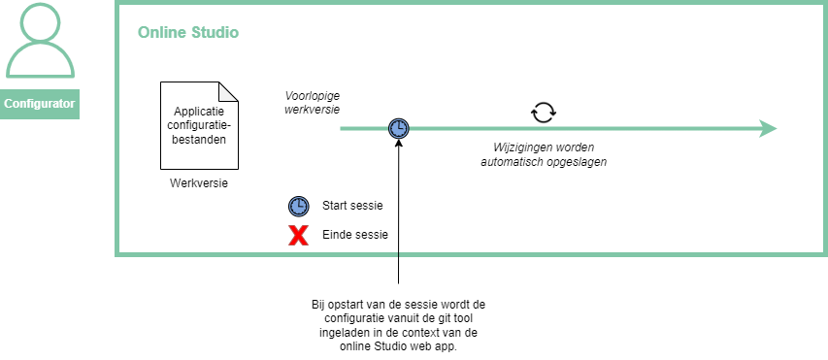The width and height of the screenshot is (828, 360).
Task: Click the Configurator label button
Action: (40, 104)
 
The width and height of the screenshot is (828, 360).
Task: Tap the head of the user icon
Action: (40, 22)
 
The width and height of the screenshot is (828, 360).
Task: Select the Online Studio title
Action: (188, 33)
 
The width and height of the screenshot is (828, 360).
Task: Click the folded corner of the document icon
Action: (228, 91)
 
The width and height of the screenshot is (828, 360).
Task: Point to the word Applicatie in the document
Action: (199, 112)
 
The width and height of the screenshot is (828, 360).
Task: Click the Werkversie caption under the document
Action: (199, 183)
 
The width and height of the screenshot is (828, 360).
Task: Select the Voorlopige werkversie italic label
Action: (313, 103)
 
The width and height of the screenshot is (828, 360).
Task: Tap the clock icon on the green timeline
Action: (399, 128)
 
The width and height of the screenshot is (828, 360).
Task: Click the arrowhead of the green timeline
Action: (768, 128)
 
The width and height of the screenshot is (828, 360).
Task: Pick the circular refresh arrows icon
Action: (544, 112)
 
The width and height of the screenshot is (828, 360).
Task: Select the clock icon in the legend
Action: (298, 206)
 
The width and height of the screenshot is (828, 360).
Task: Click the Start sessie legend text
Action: (352, 206)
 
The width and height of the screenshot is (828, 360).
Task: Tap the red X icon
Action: (298, 235)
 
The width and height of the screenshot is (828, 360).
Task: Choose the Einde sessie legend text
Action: (355, 235)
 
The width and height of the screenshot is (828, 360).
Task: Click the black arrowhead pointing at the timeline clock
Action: (399, 143)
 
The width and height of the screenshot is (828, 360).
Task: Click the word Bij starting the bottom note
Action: (318, 305)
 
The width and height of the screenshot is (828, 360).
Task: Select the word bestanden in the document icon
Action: (199, 140)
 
